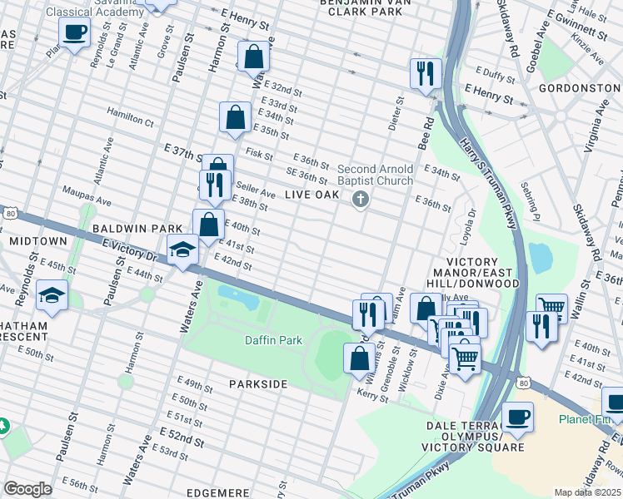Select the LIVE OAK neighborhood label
click(312, 195)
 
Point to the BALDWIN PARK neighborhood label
click(126, 228)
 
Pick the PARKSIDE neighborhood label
click(258, 384)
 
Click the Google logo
click(27, 489)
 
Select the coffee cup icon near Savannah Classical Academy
click(75, 33)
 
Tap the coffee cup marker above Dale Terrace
click(517, 417)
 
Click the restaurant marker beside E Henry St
click(426, 72)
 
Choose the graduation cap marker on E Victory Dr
click(182, 249)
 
